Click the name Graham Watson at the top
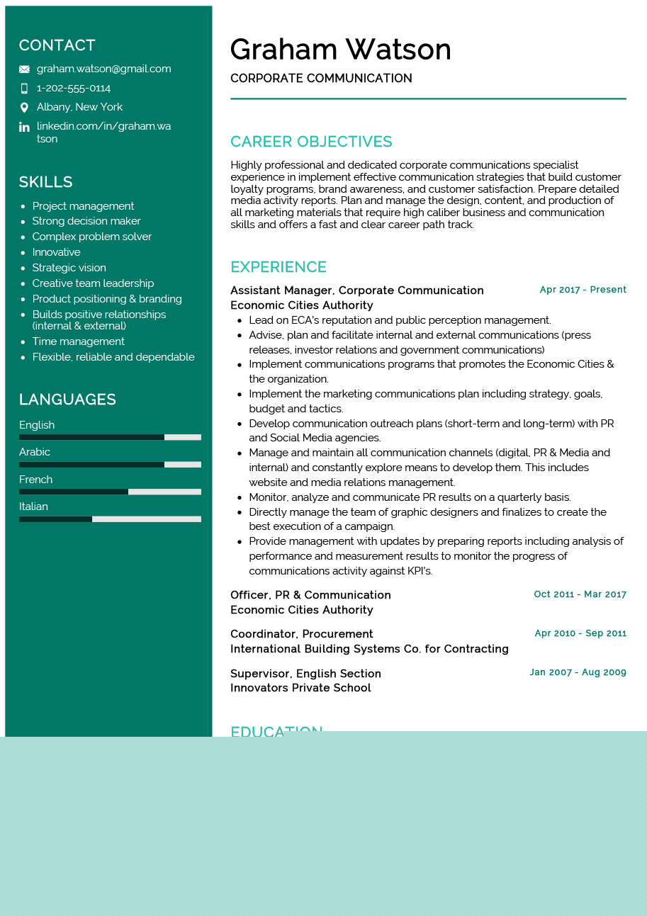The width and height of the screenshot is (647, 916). click(340, 50)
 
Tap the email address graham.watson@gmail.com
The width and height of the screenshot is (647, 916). click(103, 69)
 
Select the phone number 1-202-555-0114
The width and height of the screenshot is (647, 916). click(74, 88)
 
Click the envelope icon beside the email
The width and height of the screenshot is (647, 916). click(24, 69)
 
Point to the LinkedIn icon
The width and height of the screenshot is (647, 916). click(24, 127)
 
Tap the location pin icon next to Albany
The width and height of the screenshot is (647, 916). click(24, 108)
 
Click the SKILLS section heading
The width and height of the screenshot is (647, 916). click(45, 182)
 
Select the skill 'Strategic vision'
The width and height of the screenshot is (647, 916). click(69, 268)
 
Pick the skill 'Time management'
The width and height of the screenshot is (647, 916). click(78, 341)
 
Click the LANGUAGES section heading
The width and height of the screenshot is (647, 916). click(67, 400)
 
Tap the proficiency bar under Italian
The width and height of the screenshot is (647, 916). click(110, 519)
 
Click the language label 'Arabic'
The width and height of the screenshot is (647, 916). click(35, 452)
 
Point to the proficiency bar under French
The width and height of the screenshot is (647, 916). click(110, 492)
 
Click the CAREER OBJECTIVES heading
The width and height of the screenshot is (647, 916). click(311, 142)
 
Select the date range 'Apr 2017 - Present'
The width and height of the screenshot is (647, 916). click(583, 290)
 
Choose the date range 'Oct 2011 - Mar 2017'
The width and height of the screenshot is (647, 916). click(580, 594)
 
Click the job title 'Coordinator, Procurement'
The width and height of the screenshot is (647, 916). click(301, 634)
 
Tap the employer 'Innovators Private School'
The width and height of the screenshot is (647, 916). click(300, 688)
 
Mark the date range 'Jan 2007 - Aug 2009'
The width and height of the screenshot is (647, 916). click(578, 672)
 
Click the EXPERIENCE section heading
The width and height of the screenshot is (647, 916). click(279, 267)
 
